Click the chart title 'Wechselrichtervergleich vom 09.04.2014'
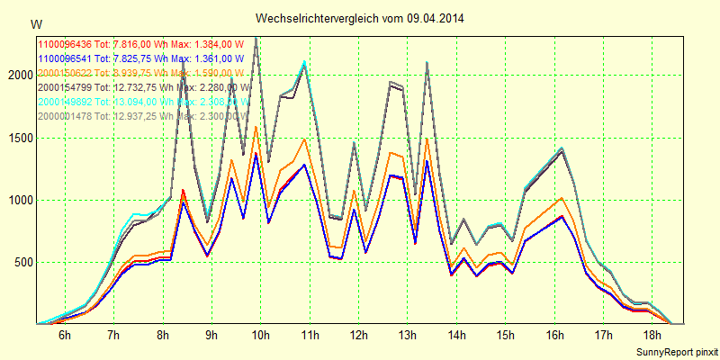pos(359,18)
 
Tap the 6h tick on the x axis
pos(65,335)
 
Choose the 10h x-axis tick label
pos(261,335)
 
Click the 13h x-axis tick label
pos(408,335)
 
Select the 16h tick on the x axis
pos(554,335)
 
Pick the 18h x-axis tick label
pos(652,335)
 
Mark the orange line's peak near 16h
pos(561,198)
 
